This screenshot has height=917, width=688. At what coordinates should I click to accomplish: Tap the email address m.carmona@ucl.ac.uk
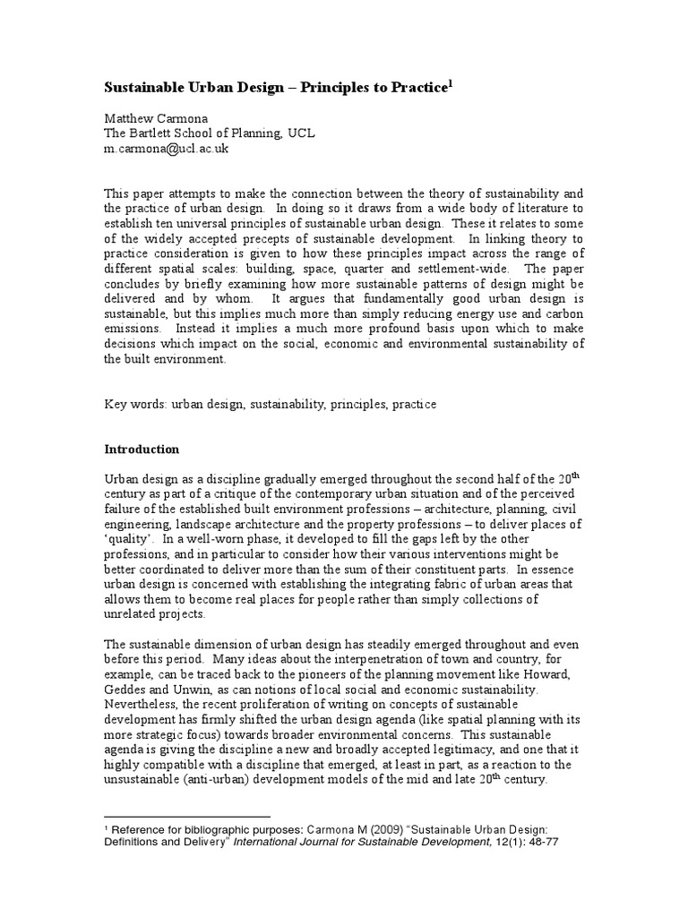[x=168, y=149]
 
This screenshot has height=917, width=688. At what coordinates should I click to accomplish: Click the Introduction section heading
[x=142, y=449]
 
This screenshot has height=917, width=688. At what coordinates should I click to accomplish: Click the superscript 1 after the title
[x=451, y=83]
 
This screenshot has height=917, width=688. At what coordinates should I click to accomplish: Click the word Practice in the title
[x=419, y=88]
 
